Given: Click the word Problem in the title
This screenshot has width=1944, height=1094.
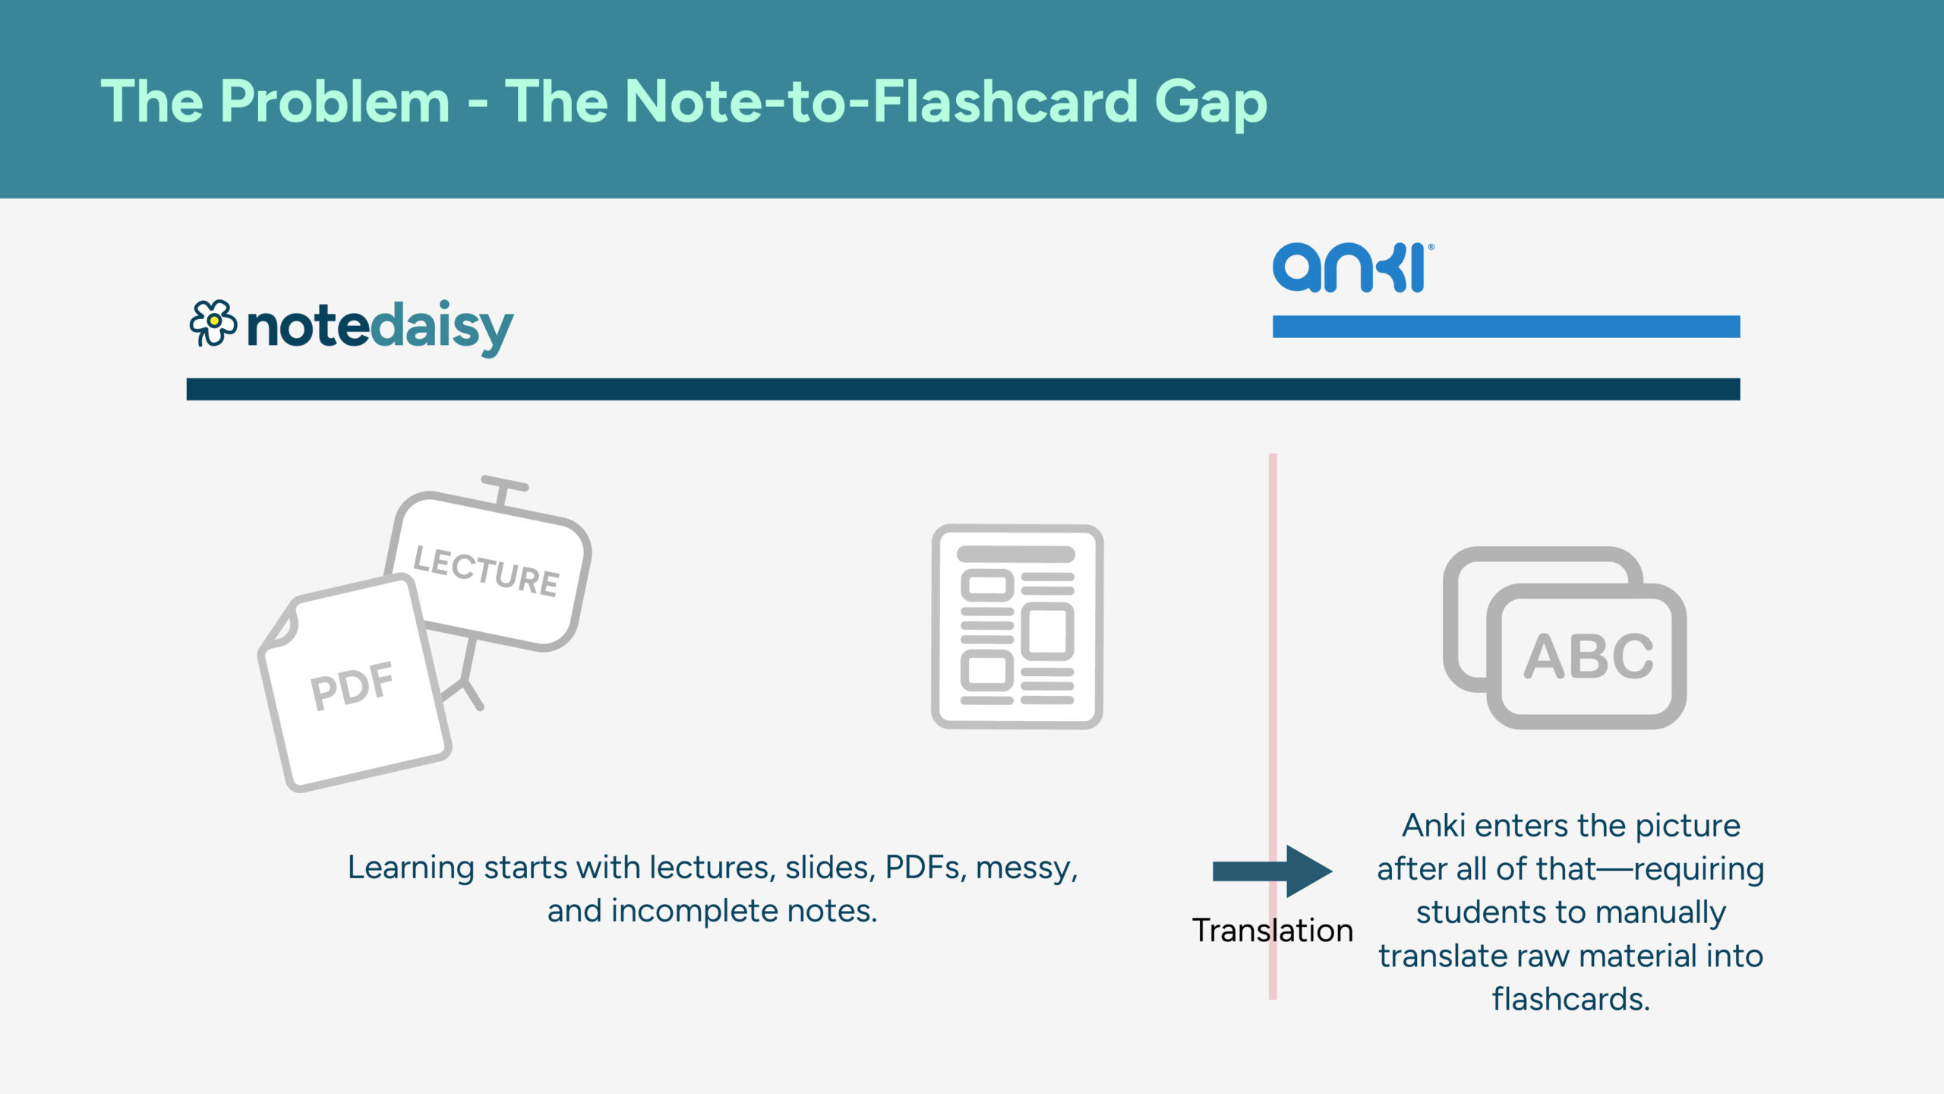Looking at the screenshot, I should (335, 102).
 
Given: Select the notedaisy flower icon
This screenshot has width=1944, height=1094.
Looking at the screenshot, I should (213, 324).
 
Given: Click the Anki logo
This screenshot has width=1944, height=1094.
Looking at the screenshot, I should (1352, 267).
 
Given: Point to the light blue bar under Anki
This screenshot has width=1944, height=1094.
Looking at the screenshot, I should (1506, 327).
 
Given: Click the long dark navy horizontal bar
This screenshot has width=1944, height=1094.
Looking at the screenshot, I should (963, 389).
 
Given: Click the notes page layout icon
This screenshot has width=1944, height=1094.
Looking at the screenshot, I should (1017, 627).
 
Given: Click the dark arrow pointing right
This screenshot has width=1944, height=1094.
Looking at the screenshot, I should (1272, 871).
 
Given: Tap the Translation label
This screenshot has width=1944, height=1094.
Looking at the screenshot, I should (1272, 931).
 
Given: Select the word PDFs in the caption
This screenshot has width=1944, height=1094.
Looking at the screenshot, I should (926, 868).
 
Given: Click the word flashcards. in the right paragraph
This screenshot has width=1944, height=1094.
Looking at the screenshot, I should (1570, 999).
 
